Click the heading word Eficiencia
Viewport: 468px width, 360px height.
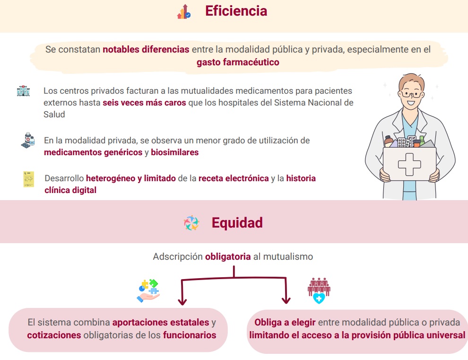click(236, 11)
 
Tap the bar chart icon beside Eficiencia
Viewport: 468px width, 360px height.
click(184, 12)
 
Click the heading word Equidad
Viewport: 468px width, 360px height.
click(237, 223)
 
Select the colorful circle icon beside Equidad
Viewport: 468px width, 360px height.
click(191, 223)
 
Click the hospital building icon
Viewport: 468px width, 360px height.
click(23, 90)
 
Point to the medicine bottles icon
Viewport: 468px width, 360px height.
click(28, 140)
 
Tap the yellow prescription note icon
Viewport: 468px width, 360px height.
click(29, 179)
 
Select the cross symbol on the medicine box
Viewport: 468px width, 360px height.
click(409, 164)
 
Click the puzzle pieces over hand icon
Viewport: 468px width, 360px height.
click(148, 290)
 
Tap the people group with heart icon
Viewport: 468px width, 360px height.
click(319, 290)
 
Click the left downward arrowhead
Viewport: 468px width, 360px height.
click(182, 301)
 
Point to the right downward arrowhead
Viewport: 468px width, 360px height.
click(286, 300)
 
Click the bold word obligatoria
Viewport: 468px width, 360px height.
click(228, 256)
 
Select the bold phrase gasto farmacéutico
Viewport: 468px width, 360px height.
click(238, 62)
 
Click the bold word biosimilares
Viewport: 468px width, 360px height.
click(174, 152)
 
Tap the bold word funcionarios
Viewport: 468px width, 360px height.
click(190, 335)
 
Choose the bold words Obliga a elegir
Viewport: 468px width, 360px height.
click(285, 323)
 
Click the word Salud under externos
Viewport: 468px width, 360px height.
click(54, 114)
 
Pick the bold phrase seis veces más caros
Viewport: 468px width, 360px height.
click(144, 103)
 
